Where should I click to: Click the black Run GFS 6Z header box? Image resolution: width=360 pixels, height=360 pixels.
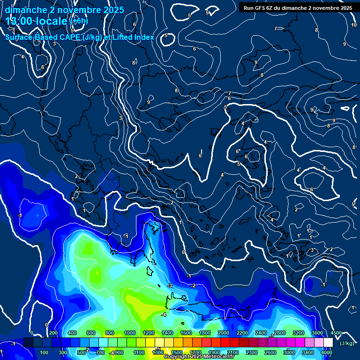(x=298, y=8)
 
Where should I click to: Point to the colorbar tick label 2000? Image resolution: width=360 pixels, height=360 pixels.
(x=224, y=333)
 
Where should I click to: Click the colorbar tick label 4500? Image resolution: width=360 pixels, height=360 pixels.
(x=336, y=333)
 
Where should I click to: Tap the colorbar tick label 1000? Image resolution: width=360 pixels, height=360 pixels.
(x=130, y=333)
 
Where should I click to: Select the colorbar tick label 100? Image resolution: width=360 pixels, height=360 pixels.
(x=45, y=352)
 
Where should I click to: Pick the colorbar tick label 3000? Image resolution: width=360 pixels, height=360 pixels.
(x=289, y=352)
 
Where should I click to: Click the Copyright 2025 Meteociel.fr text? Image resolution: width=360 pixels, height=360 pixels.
(x=199, y=357)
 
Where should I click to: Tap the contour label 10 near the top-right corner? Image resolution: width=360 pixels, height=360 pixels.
(x=354, y=25)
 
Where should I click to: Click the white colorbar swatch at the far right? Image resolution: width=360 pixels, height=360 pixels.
(x=328, y=343)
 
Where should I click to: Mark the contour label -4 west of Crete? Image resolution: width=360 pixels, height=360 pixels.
(x=164, y=315)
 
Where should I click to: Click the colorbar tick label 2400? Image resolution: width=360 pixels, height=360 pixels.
(x=261, y=333)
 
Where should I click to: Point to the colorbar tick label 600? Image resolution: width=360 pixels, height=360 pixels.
(x=91, y=333)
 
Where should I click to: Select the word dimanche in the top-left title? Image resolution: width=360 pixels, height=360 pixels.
(x=26, y=10)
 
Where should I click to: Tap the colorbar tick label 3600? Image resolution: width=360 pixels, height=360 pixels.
(x=317, y=333)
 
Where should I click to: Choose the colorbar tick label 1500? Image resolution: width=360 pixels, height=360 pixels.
(x=176, y=352)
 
